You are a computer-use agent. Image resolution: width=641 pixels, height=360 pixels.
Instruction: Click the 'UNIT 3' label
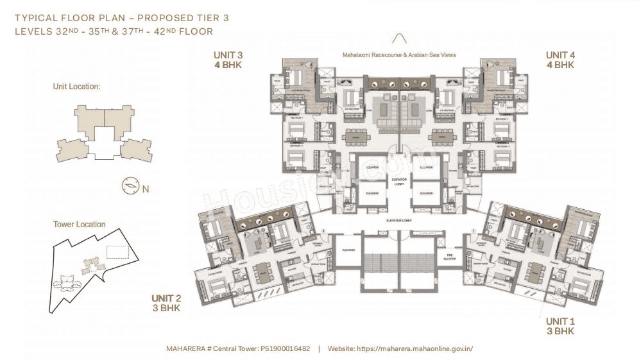pos(228,55)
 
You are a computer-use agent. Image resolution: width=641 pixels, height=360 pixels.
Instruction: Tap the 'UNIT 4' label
pos(560,55)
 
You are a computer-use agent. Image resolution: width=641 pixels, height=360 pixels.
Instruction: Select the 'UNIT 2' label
pos(166,298)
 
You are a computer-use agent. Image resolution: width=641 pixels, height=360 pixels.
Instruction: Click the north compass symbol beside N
pos(130,186)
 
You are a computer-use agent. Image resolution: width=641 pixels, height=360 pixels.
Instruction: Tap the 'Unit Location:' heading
pos(77,86)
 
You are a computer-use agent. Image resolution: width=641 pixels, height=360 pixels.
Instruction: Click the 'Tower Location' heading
pos(79,225)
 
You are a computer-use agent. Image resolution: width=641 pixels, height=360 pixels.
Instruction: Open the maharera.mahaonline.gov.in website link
pos(420,348)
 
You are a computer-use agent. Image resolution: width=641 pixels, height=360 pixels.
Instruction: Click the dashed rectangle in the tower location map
pos(117,252)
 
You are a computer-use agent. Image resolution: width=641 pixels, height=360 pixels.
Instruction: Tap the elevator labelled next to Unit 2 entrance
pos(349,250)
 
